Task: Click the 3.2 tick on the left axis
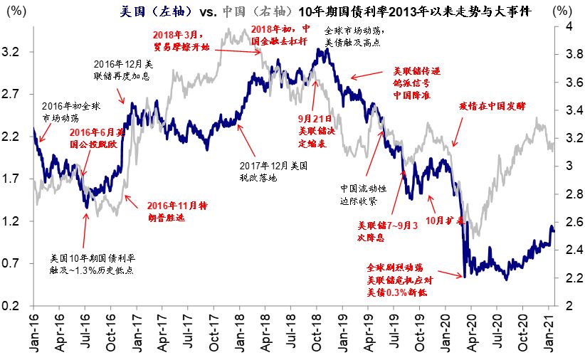[x=16, y=53]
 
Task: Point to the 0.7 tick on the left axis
[x=16, y=264]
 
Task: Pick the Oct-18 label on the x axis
[x=318, y=334]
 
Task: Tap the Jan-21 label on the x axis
[x=549, y=334]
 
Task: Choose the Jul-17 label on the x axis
[x=189, y=334]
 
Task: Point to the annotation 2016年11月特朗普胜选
[x=176, y=211]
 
